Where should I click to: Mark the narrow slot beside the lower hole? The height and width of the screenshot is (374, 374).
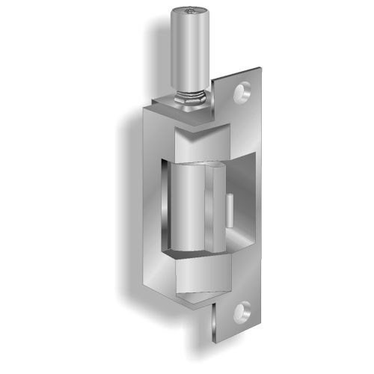tap(216, 314)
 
